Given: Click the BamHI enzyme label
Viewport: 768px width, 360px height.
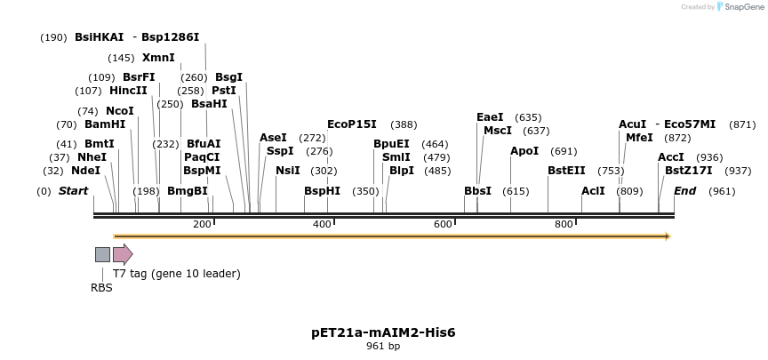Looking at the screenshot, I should click(105, 124).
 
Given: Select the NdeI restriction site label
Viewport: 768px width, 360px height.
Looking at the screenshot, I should click(85, 171).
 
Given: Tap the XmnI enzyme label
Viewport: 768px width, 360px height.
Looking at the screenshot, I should click(158, 58).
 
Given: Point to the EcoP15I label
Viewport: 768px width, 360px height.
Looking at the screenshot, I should click(351, 124).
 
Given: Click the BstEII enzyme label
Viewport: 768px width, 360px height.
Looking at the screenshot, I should click(566, 171).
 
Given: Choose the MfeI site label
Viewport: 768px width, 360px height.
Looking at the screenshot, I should click(639, 138).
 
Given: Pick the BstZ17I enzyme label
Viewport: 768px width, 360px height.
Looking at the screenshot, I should click(688, 171).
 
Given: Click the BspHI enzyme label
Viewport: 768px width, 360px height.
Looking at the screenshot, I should click(322, 191).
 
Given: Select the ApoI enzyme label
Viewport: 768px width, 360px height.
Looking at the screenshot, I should click(524, 151).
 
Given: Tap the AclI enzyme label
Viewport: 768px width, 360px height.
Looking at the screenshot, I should click(593, 191).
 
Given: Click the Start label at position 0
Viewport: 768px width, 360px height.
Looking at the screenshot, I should click(74, 191).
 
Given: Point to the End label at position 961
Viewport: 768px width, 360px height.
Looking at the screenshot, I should click(684, 191).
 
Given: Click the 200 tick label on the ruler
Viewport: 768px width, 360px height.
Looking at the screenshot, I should click(202, 224).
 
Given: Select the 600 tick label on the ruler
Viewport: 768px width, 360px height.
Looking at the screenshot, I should click(443, 224).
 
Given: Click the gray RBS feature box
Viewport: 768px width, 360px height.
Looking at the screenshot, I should click(102, 254).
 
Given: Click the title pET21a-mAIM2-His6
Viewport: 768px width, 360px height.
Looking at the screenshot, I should click(383, 332).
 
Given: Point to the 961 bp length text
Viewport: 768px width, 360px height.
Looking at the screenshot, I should click(383, 347).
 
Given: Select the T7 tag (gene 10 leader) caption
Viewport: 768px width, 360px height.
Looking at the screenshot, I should click(176, 274).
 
